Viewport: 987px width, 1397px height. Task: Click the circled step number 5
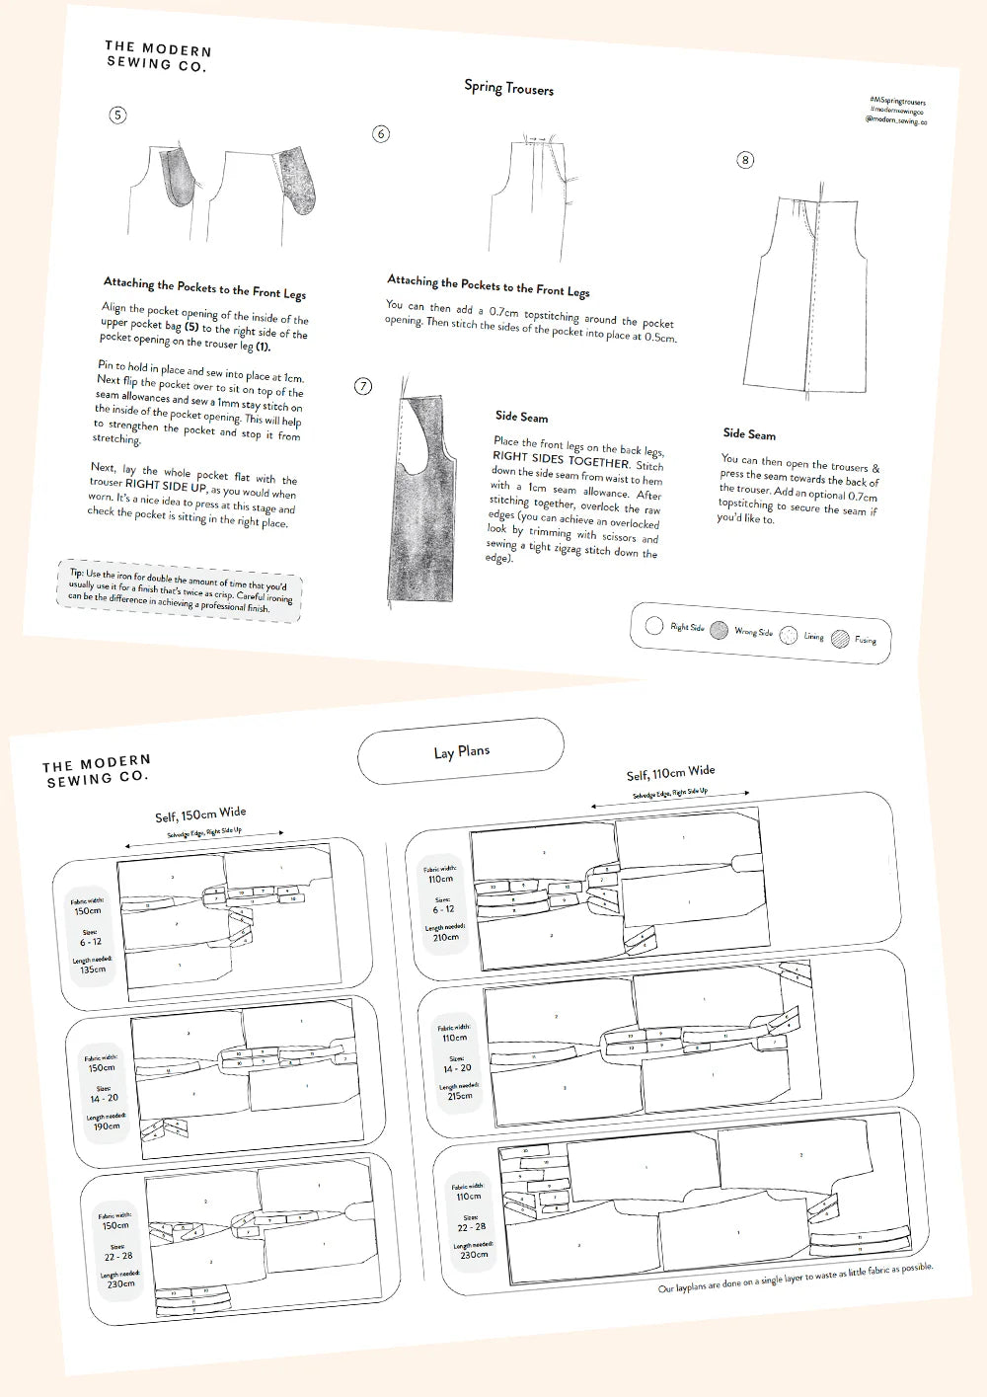pyautogui.click(x=117, y=116)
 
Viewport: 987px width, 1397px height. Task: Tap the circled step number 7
pyautogui.click(x=363, y=386)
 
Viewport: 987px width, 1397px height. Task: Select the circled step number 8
pyautogui.click(x=745, y=160)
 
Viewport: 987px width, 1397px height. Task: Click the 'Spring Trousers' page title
pyautogui.click(x=508, y=88)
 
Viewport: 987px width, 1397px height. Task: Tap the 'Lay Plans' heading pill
pyautogui.click(x=461, y=751)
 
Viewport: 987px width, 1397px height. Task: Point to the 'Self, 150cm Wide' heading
pyautogui.click(x=200, y=815)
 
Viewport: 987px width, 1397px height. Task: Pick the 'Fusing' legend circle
pyautogui.click(x=840, y=639)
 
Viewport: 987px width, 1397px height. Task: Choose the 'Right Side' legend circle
pyautogui.click(x=653, y=625)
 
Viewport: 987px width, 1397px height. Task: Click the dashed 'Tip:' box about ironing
pyautogui.click(x=181, y=591)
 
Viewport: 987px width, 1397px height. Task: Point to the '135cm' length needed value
pyautogui.click(x=92, y=970)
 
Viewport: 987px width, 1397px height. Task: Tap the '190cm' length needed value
pyautogui.click(x=106, y=1125)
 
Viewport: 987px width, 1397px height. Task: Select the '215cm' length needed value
pyautogui.click(x=459, y=1095)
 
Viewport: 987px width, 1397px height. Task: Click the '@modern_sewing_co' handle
pyautogui.click(x=895, y=120)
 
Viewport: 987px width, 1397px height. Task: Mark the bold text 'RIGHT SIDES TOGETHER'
pyautogui.click(x=561, y=460)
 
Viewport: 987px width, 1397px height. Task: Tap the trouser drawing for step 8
pyautogui.click(x=809, y=296)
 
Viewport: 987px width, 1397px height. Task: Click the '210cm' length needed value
pyautogui.click(x=445, y=937)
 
